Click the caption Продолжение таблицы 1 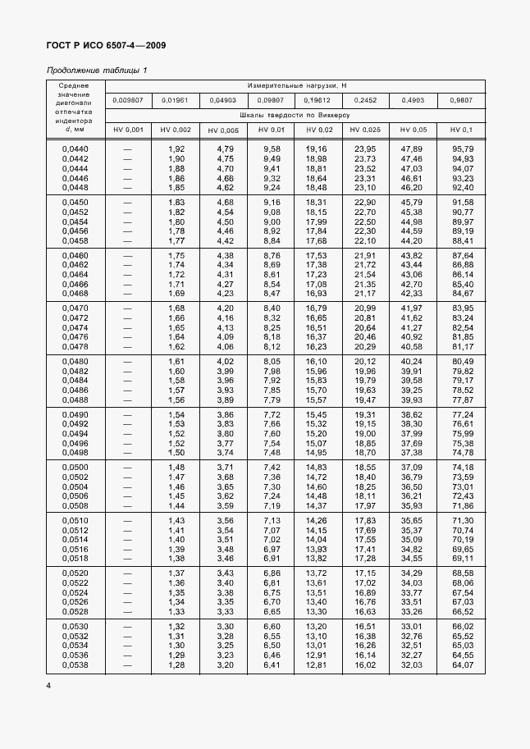coord(96,70)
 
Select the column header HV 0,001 coord(128,130)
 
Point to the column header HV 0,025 coord(365,130)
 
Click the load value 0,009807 coord(128,100)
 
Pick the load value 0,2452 coord(365,100)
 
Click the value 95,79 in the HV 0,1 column coord(462,148)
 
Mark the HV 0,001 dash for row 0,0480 coord(128,361)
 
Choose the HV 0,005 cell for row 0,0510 coord(225,521)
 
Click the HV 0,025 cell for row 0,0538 coord(365,664)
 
